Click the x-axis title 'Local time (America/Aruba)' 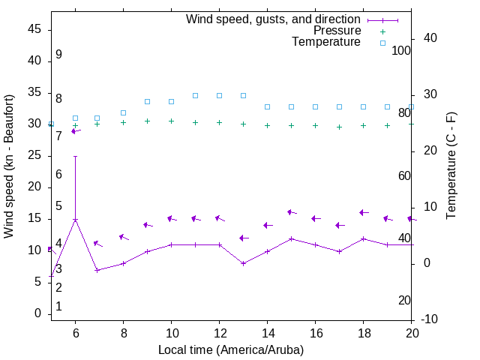coord(231,349)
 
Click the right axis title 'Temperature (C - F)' coord(451,166)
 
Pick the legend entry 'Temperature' coord(326,43)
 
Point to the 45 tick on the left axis coord(35,28)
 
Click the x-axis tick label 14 coord(267,333)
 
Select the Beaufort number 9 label coord(58,55)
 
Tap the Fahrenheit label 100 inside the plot coord(401,50)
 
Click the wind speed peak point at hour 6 coord(75,220)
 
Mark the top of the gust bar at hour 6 coord(75,157)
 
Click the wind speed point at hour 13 coord(243,263)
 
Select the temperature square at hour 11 coord(195,95)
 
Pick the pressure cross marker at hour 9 coord(147,121)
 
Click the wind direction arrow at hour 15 coord(292,213)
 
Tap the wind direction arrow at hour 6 coord(76,131)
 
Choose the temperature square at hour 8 coord(123,112)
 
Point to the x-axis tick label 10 coord(171,333)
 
